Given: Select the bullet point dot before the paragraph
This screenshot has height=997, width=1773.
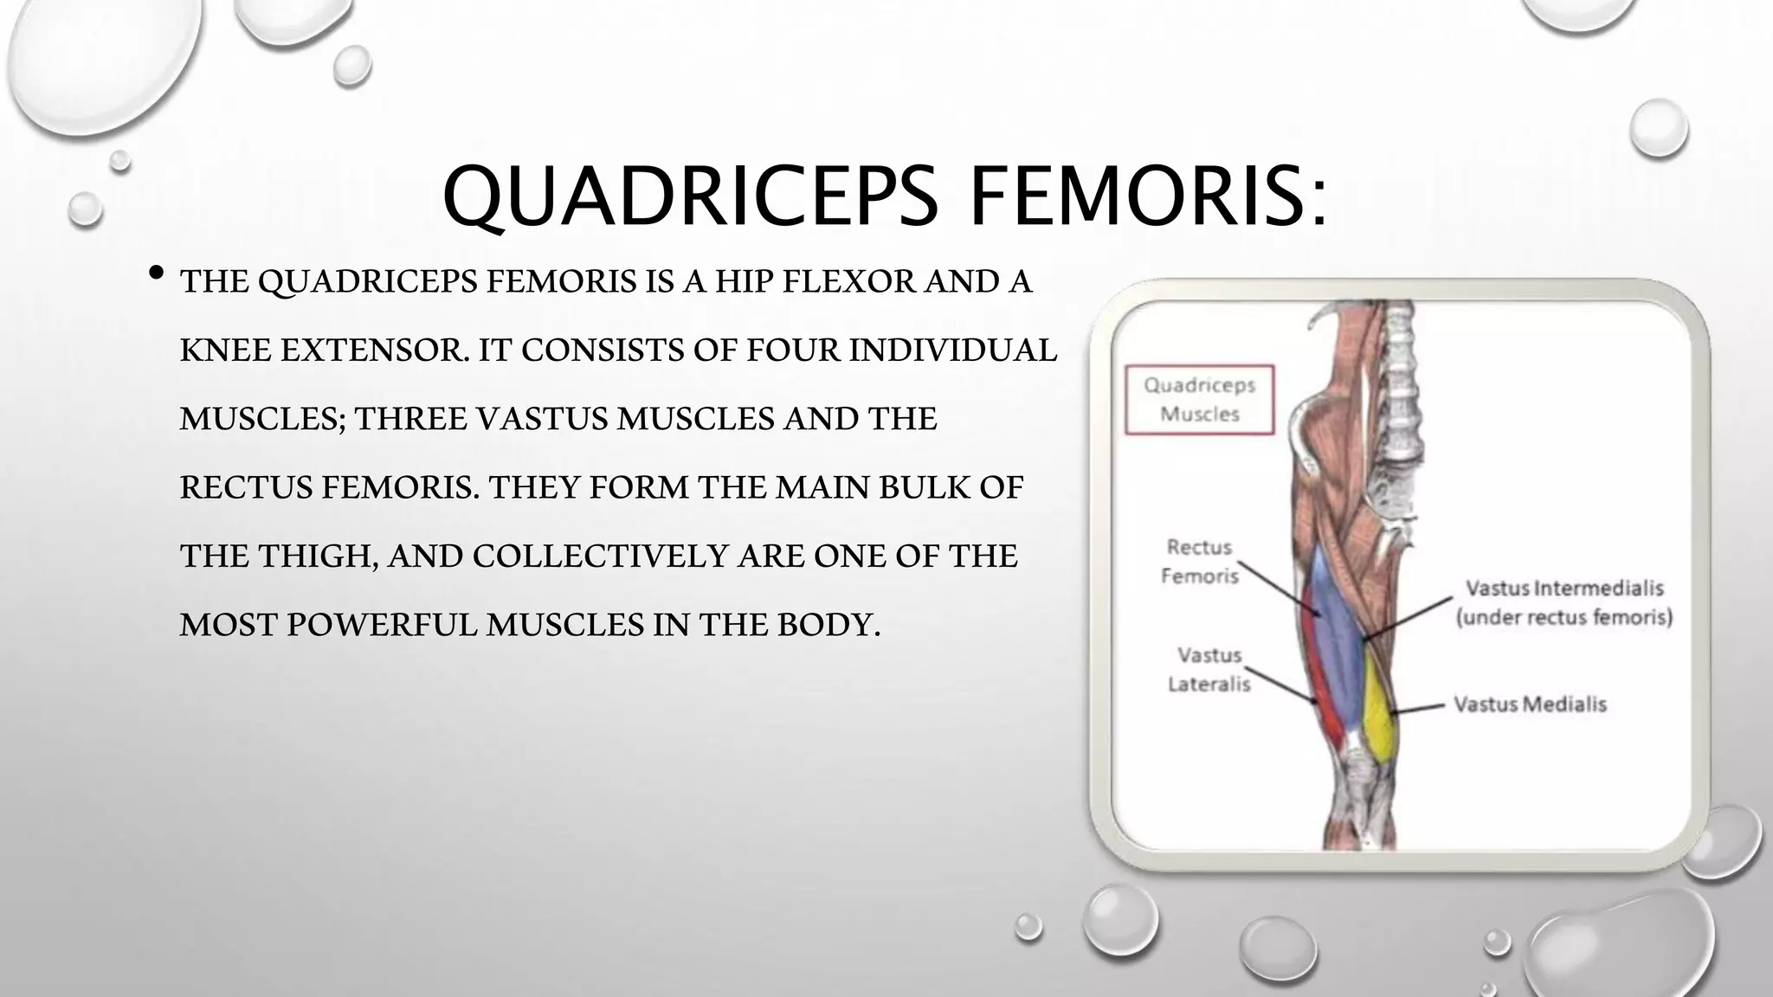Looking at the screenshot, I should click(x=157, y=273).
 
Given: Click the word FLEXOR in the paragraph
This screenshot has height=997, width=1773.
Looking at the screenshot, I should click(x=845, y=282).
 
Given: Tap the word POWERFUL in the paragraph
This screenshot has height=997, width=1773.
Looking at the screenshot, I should click(x=382, y=624).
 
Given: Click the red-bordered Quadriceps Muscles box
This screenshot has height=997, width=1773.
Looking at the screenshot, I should click(x=1199, y=399).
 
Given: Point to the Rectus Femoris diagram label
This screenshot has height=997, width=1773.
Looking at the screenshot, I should click(x=1199, y=561).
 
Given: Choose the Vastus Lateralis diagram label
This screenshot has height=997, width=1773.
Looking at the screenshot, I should click(x=1209, y=669).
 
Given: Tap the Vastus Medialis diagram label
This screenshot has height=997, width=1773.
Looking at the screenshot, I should click(x=1530, y=704).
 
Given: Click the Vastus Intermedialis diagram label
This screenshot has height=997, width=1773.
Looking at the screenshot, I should click(x=1564, y=589).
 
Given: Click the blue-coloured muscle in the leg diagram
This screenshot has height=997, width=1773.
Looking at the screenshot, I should click(x=1333, y=632).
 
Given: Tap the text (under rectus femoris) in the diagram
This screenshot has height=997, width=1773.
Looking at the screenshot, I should click(x=1564, y=617).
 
